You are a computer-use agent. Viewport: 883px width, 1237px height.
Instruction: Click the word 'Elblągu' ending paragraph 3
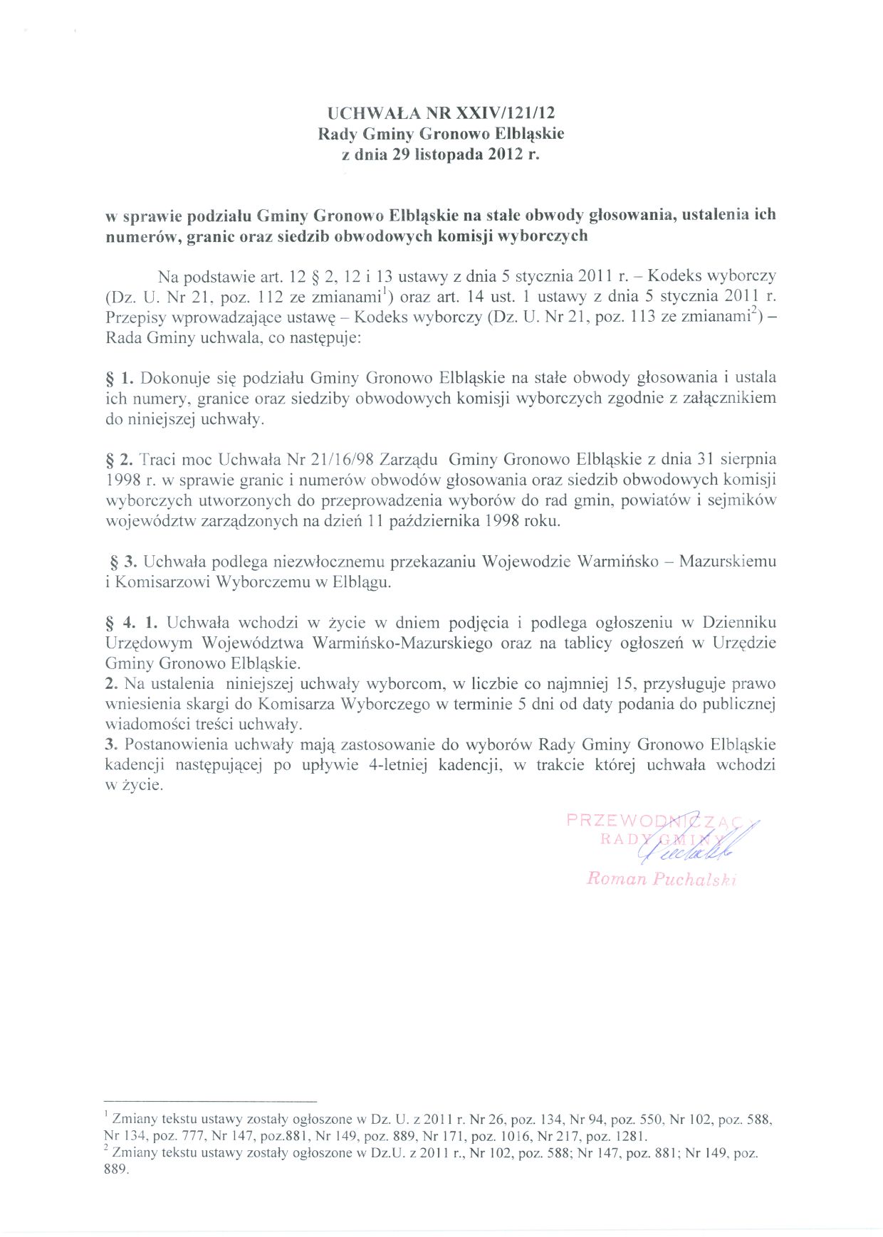click(x=363, y=582)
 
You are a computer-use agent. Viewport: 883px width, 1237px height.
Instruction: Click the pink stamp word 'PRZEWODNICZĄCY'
click(x=662, y=820)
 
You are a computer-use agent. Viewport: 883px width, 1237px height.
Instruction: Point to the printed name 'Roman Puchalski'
click(x=661, y=879)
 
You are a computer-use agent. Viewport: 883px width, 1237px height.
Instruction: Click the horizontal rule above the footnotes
click(x=210, y=1101)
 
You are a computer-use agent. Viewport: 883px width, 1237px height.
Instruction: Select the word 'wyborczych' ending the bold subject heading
click(x=546, y=236)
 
